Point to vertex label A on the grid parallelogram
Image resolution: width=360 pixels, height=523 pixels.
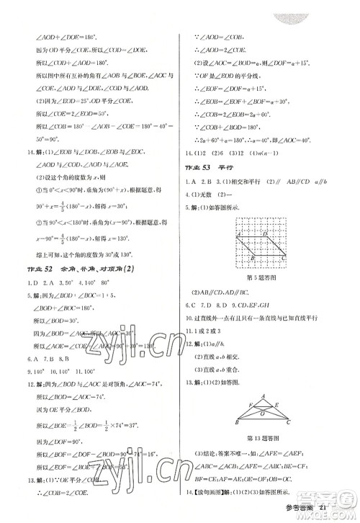(235, 234)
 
